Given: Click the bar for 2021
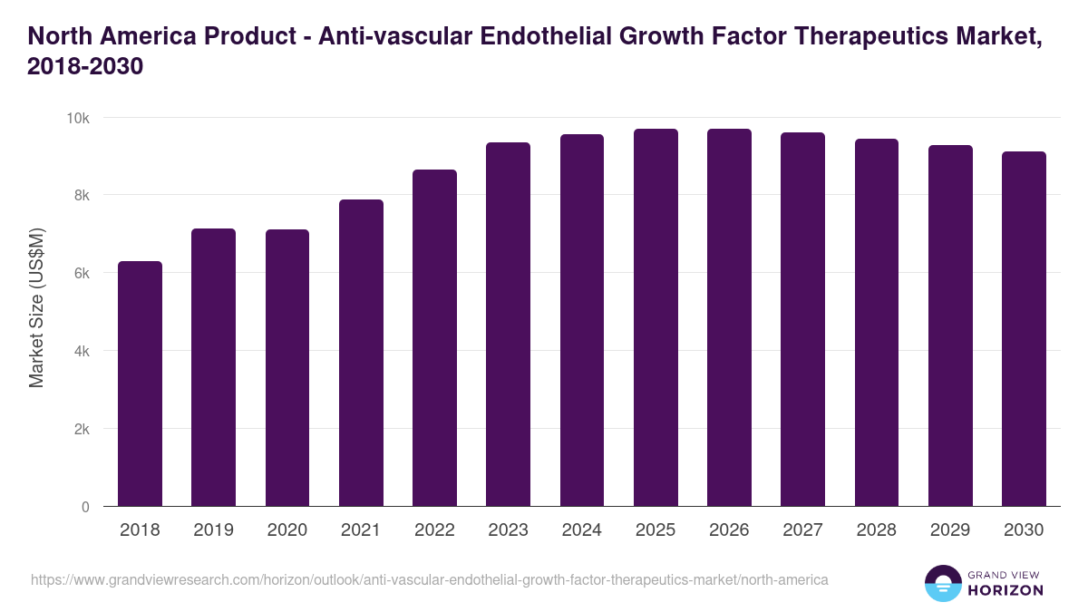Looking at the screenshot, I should [361, 353].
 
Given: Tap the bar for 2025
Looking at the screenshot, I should [656, 317].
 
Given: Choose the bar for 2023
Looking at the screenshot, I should [508, 325].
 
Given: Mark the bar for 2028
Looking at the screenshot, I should [877, 323].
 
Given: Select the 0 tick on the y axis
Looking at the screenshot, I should [85, 507].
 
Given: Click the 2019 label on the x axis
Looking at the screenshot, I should [213, 530].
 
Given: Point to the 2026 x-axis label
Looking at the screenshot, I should [729, 530].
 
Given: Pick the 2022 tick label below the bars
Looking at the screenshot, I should [434, 530].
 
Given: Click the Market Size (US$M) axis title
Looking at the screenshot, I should [36, 308].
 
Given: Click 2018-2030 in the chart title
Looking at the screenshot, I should [86, 67].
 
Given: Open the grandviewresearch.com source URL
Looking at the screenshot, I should [429, 579].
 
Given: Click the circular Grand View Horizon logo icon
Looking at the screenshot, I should [942, 583].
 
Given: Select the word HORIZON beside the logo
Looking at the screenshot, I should [1006, 590].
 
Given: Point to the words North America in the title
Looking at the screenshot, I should [112, 36].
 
